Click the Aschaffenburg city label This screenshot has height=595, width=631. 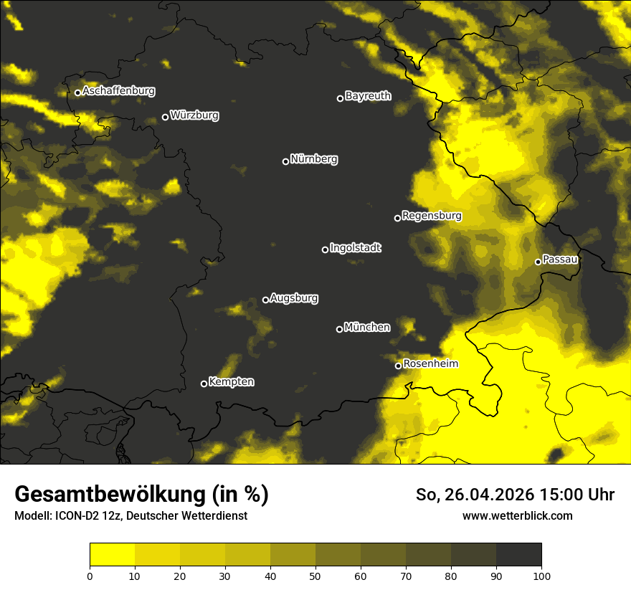click(x=118, y=91)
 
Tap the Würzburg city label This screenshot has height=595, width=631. click(x=194, y=115)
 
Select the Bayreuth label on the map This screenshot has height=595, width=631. click(x=368, y=96)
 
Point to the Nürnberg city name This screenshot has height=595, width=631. click(x=313, y=159)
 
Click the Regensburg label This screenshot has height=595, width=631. click(x=432, y=216)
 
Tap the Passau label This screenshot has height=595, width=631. click(x=560, y=260)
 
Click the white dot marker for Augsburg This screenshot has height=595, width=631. click(x=265, y=300)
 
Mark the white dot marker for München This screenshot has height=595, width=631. click(x=340, y=329)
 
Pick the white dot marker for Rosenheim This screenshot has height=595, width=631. click(x=399, y=366)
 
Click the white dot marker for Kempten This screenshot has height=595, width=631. click(x=204, y=384)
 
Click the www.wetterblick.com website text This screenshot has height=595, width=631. click(x=517, y=515)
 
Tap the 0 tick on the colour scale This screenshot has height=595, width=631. click(x=90, y=575)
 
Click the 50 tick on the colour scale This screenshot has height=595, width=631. click(x=315, y=575)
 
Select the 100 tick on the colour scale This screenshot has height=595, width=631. click(x=541, y=575)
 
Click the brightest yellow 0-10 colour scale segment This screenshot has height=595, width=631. click(x=112, y=555)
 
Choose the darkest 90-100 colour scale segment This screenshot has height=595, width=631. click(x=518, y=555)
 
